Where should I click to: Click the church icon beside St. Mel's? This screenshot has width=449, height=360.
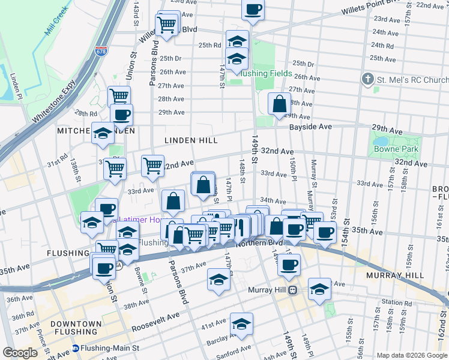pyautogui.click(x=368, y=79)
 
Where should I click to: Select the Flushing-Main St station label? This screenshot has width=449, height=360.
pyautogui.click(x=110, y=347)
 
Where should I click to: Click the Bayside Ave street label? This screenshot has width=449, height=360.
pyautogui.click(x=310, y=127)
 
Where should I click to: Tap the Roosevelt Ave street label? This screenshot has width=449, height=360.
pyautogui.click(x=155, y=319)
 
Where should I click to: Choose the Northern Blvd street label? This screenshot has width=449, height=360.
pyautogui.click(x=259, y=243)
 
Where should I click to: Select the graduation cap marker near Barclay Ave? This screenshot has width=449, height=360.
pyautogui.click(x=241, y=324)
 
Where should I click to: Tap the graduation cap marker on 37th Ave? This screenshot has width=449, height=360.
pyautogui.click(x=218, y=279)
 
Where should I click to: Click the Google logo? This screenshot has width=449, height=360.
pyautogui.click(x=20, y=353)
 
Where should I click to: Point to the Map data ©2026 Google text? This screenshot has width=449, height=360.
pyautogui.click(x=411, y=355)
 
